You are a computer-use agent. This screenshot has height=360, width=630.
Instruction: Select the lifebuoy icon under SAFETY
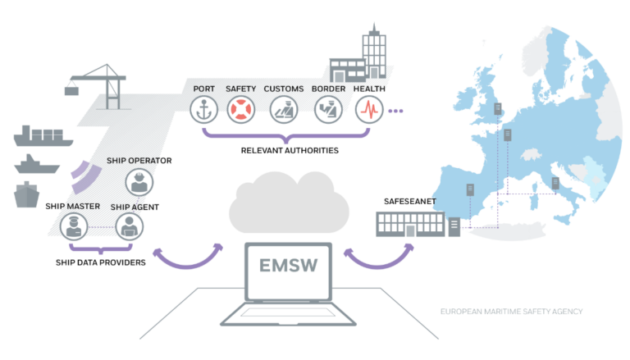point(242,110)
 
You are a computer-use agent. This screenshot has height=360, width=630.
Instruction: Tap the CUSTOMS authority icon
point(285,110)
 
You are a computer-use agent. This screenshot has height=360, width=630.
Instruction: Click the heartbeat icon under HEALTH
point(368,110)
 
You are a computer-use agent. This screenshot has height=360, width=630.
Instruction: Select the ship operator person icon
point(137,181)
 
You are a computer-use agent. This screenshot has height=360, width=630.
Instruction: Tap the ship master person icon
point(73,226)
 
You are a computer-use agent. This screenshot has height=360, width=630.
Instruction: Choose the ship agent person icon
point(128,226)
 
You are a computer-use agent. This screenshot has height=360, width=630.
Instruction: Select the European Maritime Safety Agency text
point(513,312)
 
